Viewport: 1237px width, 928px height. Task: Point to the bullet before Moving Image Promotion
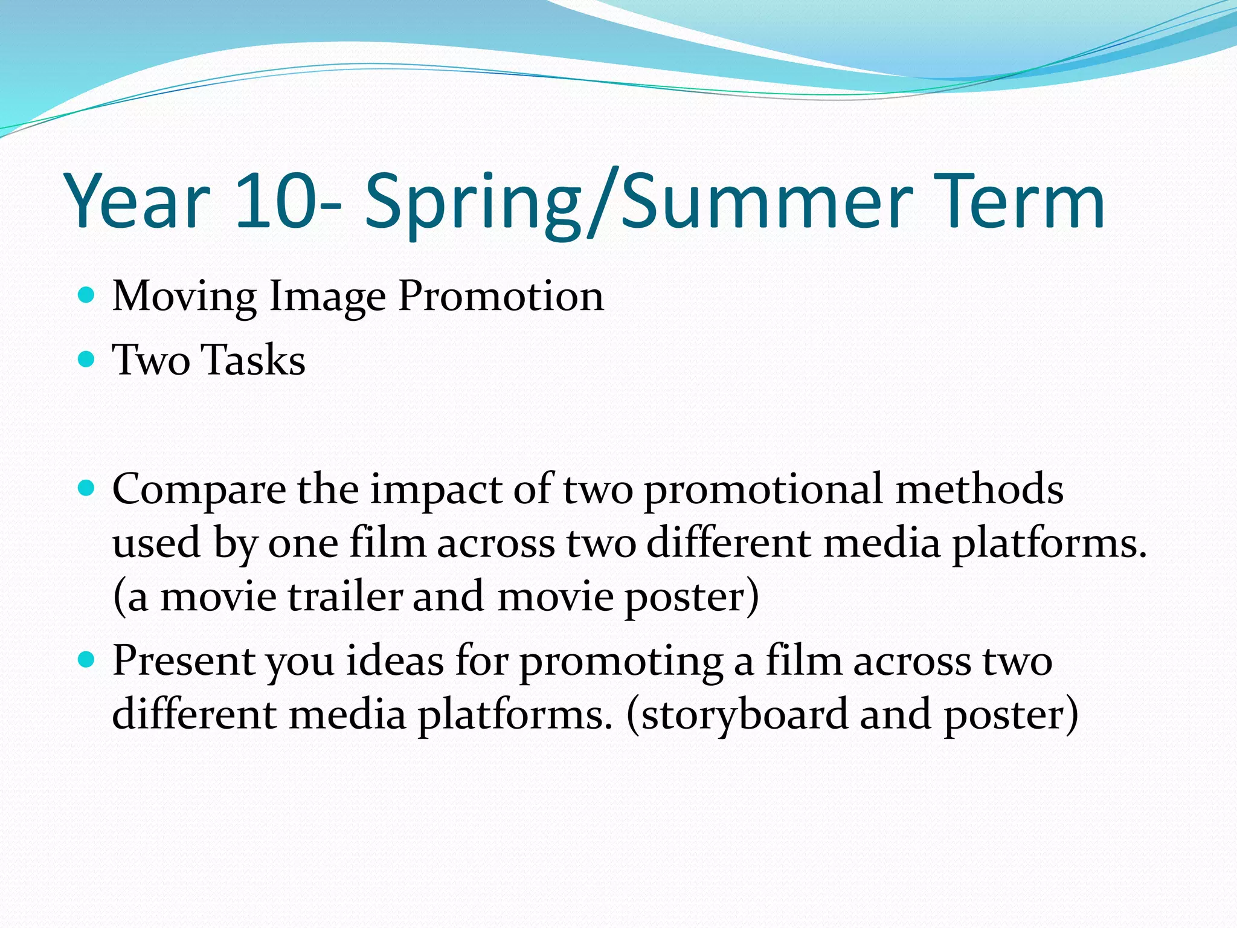click(87, 295)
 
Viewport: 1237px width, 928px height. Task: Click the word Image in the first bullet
click(327, 297)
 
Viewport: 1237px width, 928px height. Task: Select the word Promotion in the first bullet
click(501, 297)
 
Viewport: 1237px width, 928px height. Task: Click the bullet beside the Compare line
click(87, 488)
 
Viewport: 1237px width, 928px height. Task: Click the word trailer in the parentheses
click(345, 596)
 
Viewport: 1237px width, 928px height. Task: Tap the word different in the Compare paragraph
click(728, 543)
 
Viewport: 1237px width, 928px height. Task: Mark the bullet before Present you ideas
click(87, 660)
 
